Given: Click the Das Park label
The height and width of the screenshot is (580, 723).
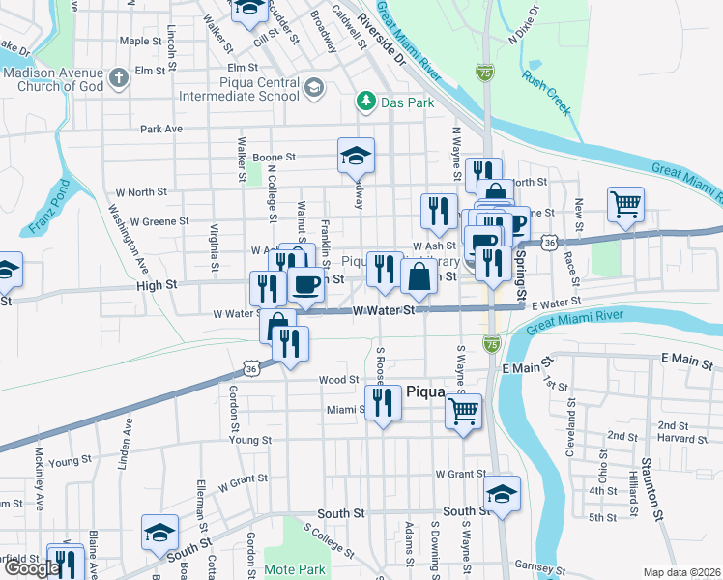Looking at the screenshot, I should coord(408,101).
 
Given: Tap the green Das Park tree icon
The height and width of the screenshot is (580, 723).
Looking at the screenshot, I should coord(366,101).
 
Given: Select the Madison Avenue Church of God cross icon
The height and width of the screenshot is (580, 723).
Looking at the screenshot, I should coord(119,77).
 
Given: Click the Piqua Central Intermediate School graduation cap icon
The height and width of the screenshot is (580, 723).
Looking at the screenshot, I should coord(313,90).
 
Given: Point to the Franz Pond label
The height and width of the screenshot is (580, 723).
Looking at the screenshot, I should coord(43,212).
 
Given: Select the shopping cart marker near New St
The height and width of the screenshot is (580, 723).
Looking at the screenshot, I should coord(625,204).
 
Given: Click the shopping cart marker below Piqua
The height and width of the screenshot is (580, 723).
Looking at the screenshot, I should coord(463,411).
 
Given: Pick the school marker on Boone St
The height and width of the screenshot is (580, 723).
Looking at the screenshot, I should coord(356,155).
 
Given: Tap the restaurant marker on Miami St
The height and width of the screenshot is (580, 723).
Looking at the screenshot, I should coord(384,402).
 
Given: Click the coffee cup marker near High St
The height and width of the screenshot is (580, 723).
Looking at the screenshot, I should coord(306,285).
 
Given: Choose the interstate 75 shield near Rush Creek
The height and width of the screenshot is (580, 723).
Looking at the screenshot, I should coord(485,72).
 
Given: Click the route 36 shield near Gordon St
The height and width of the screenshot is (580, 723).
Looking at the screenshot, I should coord(251,368).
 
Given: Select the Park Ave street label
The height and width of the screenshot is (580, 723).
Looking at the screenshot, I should coord(160,129).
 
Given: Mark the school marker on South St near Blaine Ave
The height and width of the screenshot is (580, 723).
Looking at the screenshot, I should coord(160,532).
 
